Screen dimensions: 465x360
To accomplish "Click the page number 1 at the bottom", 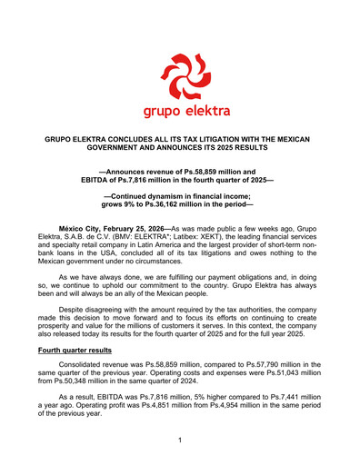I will [180, 440].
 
